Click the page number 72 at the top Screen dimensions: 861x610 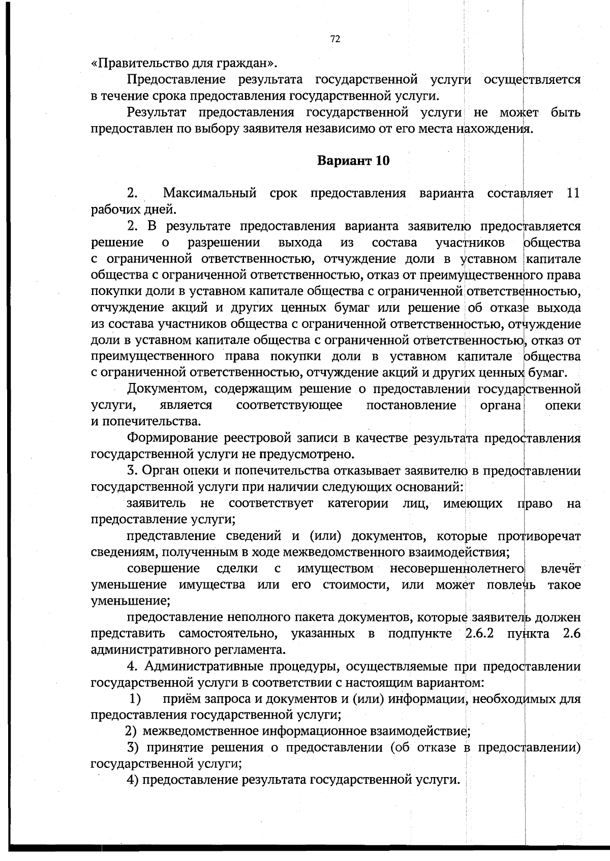tap(335, 40)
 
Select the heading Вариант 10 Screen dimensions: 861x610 tap(353, 161)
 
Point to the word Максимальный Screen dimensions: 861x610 tap(209, 194)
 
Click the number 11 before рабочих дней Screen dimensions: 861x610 tap(573, 194)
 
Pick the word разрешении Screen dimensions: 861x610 tap(224, 243)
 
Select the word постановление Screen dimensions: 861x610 tap(411, 406)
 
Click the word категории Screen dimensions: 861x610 tap(358, 503)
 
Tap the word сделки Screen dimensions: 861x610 tap(237, 569)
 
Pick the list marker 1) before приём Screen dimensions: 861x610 tap(135, 699)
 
